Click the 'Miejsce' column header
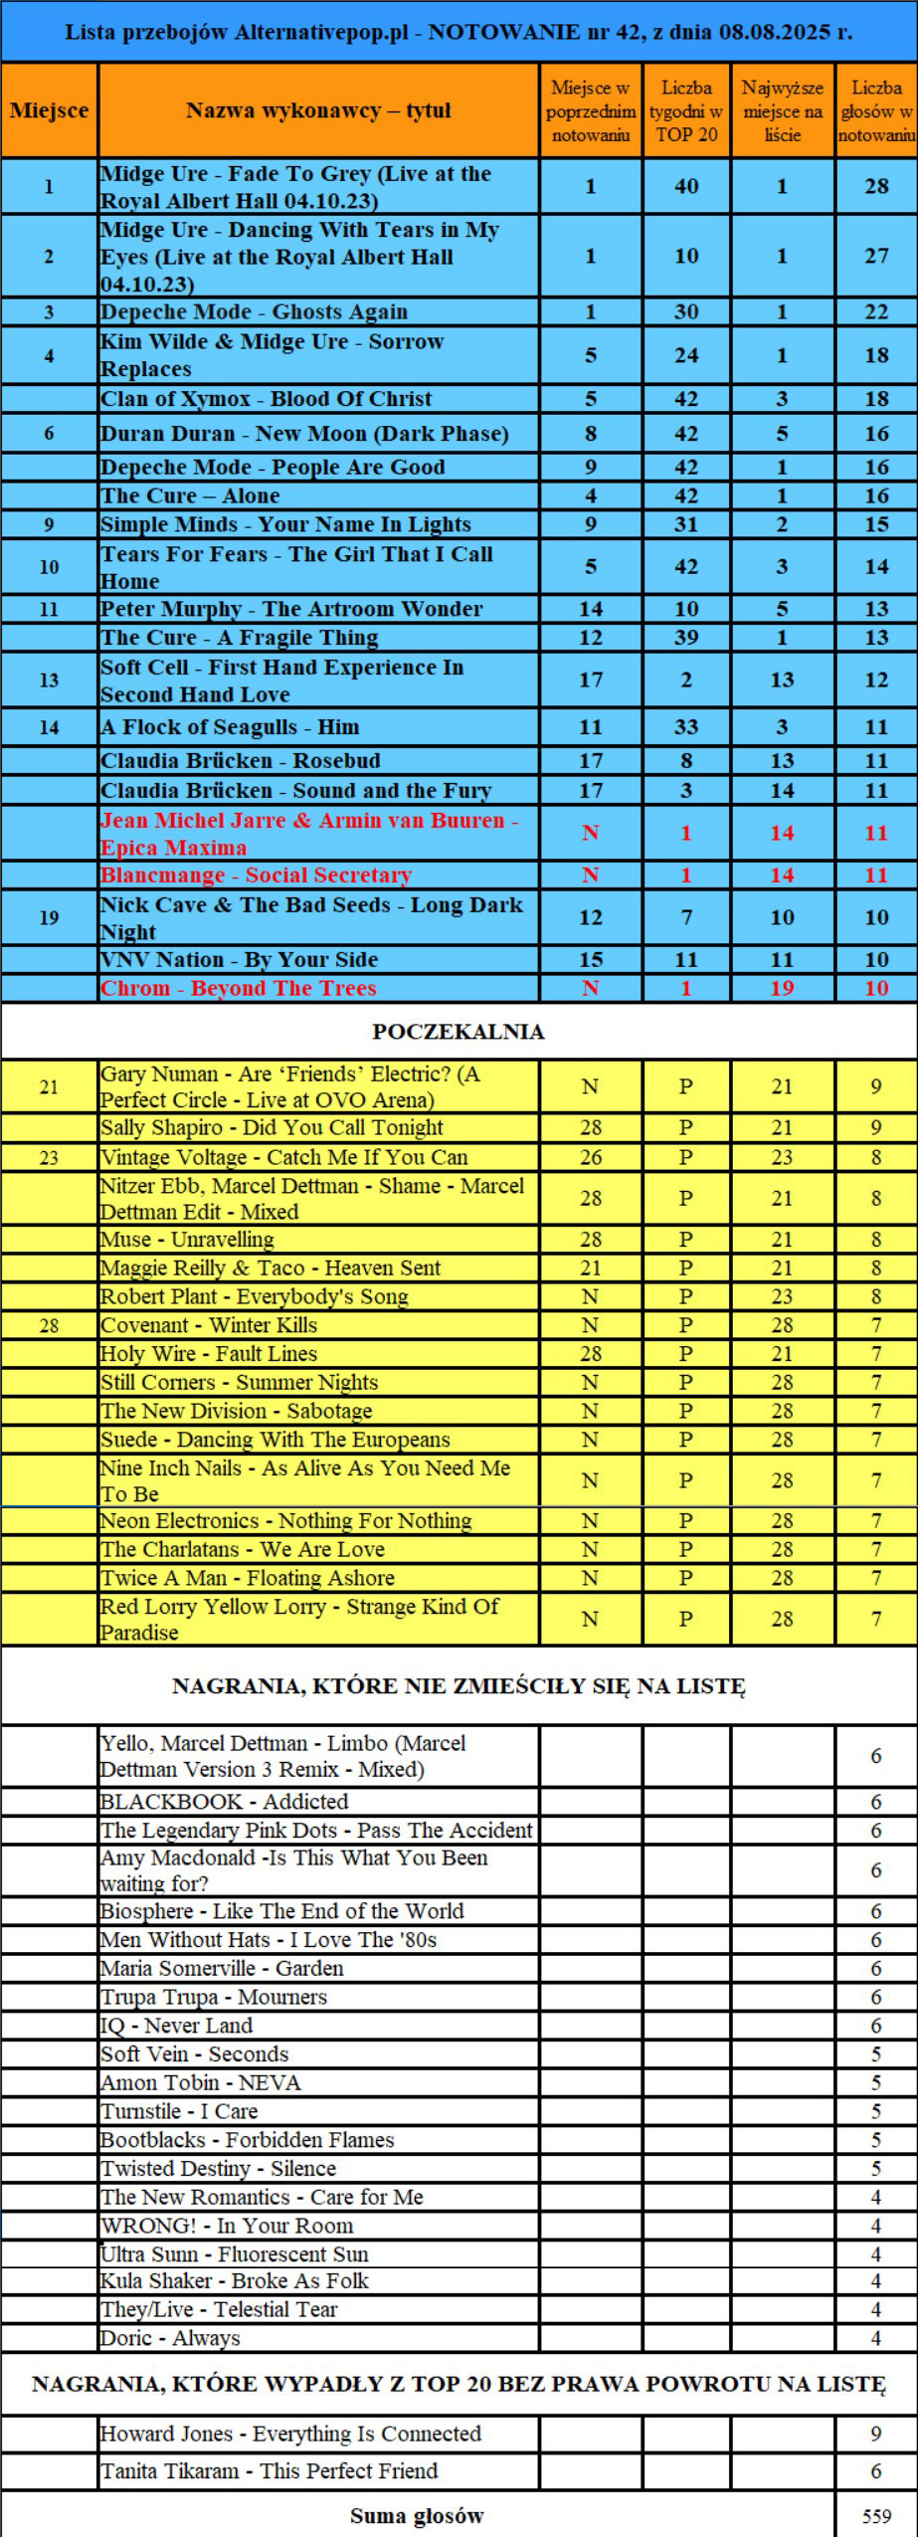49,110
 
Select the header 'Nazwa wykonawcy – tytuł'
318,110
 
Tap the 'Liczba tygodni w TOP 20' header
686,110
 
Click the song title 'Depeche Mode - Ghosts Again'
255,311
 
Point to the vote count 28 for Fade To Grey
876,186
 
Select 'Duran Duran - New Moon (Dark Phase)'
304,434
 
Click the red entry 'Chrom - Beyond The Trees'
239,988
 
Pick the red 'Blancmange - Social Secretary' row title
256,876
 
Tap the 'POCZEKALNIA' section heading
459,1032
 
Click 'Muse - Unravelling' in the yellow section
187,1240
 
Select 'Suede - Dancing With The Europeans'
275,1440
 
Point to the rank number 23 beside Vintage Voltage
49,1158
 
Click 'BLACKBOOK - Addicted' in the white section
224,1802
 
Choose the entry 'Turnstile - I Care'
179,2111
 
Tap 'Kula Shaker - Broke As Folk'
235,2280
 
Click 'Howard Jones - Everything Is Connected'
290,2434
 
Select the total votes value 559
876,2516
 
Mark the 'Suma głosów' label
417,2516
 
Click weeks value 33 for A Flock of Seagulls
686,727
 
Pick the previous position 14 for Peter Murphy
591,609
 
